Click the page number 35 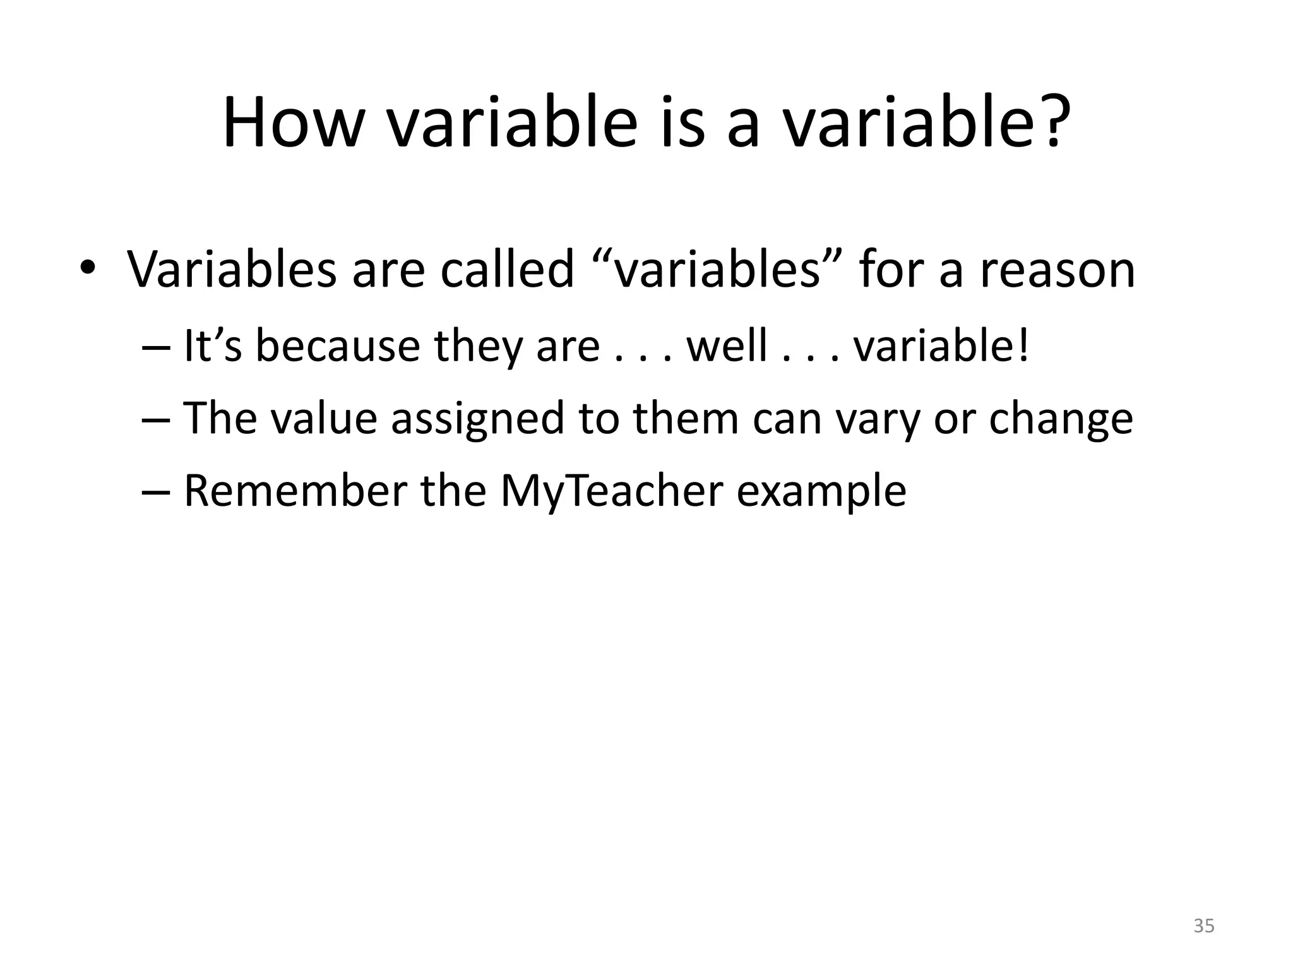click(1204, 926)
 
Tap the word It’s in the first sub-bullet click(212, 346)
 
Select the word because click(337, 346)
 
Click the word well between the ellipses click(727, 346)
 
